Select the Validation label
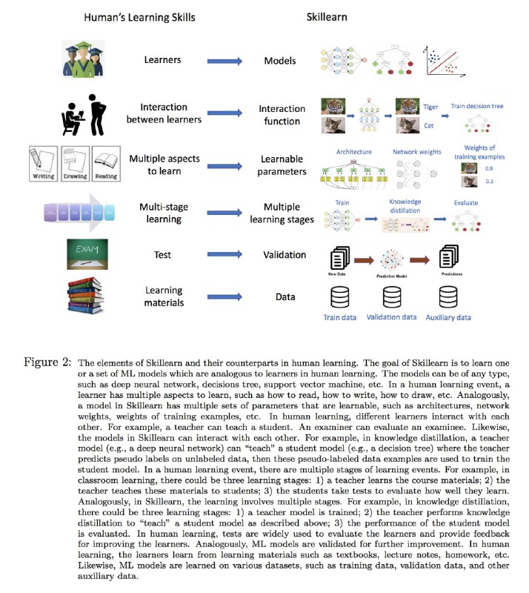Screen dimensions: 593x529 pos(285,255)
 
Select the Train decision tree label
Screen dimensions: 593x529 pos(477,106)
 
